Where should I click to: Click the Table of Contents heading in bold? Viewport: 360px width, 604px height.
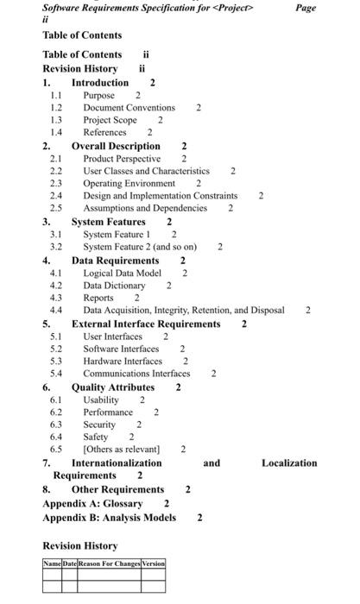click(82, 35)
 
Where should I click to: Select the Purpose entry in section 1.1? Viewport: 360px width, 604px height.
click(98, 95)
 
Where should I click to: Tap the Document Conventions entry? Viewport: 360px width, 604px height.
click(129, 108)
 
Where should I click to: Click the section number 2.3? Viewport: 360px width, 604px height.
click(56, 184)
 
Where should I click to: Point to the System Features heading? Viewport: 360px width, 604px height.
click(108, 222)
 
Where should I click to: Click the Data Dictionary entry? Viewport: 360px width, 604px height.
click(114, 285)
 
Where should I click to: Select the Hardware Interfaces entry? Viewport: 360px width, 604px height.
click(123, 362)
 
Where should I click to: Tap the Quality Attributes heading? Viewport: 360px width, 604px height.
click(112, 387)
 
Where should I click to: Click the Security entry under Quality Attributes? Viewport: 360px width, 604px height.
click(98, 425)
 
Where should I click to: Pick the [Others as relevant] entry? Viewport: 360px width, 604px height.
click(121, 450)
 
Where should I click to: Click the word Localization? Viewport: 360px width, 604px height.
click(288, 463)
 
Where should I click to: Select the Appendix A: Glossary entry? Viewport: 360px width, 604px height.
click(92, 503)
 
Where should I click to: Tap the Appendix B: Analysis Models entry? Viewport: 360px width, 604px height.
click(109, 518)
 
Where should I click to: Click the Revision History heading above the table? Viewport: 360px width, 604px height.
click(79, 546)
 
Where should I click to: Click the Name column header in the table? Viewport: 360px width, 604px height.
click(52, 563)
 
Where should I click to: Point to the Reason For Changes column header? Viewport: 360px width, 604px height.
click(109, 563)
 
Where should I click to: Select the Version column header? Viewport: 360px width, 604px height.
click(153, 563)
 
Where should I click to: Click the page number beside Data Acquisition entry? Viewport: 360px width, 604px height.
click(307, 311)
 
